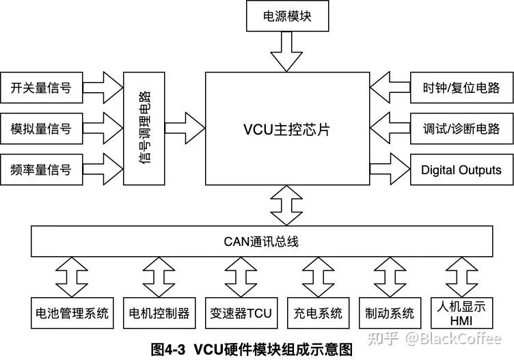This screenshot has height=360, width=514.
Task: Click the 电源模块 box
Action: [x=286, y=16]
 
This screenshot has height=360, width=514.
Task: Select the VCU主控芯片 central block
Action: [x=286, y=128]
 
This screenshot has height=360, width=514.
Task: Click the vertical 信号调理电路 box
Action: [x=144, y=128]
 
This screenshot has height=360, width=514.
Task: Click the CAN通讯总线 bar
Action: [x=262, y=241]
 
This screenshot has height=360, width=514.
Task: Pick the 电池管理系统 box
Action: [x=72, y=314]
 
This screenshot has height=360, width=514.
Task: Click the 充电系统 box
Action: [x=318, y=314]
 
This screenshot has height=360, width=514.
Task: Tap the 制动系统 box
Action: [x=390, y=314]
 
